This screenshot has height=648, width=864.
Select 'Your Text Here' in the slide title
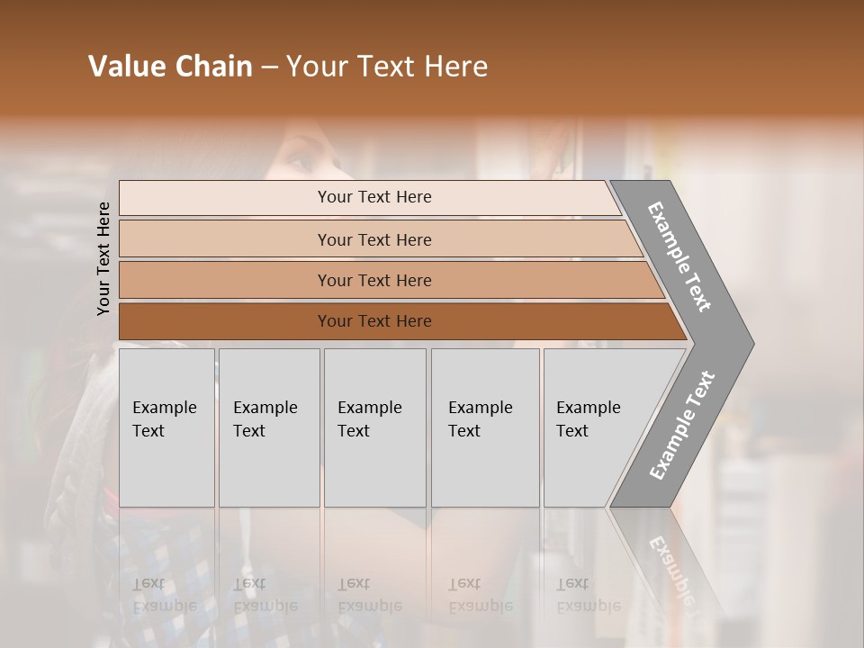pyautogui.click(x=387, y=67)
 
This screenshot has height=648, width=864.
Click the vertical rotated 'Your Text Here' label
pyautogui.click(x=103, y=258)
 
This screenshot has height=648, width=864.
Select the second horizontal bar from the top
pyautogui.click(x=373, y=239)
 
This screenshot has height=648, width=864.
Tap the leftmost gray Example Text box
pyautogui.click(x=166, y=427)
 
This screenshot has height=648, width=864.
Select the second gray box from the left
pyautogui.click(x=269, y=427)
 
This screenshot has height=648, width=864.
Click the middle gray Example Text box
pyautogui.click(x=374, y=427)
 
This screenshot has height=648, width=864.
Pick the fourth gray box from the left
pyautogui.click(x=485, y=427)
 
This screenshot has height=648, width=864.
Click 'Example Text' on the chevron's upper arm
pyautogui.click(x=679, y=256)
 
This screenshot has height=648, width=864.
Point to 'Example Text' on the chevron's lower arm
pyautogui.click(x=681, y=426)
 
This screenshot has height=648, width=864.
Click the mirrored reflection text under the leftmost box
pyautogui.click(x=165, y=595)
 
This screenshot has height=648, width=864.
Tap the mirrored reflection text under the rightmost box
pyautogui.click(x=589, y=595)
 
